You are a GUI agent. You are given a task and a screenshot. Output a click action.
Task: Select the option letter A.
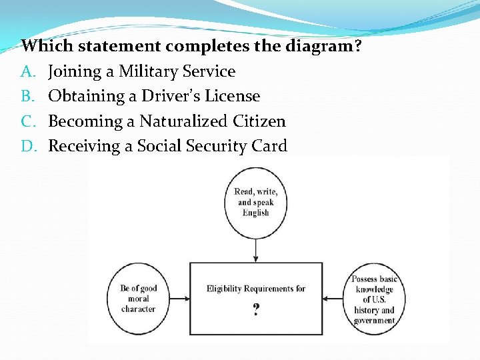[27, 71]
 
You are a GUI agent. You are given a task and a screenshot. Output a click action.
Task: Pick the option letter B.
[27, 96]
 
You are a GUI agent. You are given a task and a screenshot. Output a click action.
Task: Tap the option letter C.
[27, 121]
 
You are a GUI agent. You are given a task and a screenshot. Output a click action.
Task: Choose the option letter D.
[28, 146]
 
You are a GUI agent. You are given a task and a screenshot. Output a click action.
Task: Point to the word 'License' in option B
[232, 96]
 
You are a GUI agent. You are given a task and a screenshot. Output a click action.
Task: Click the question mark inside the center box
[256, 309]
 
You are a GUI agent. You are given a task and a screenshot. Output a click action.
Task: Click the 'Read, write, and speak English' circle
[256, 203]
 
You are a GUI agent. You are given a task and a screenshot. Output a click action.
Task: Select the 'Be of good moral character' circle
[138, 298]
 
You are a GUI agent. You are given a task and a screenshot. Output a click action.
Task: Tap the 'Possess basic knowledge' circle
[374, 298]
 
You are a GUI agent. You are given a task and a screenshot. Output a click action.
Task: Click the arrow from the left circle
[181, 298]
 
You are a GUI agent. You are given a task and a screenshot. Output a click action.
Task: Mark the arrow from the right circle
[333, 298]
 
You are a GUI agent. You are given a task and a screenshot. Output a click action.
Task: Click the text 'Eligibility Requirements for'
[256, 289]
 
